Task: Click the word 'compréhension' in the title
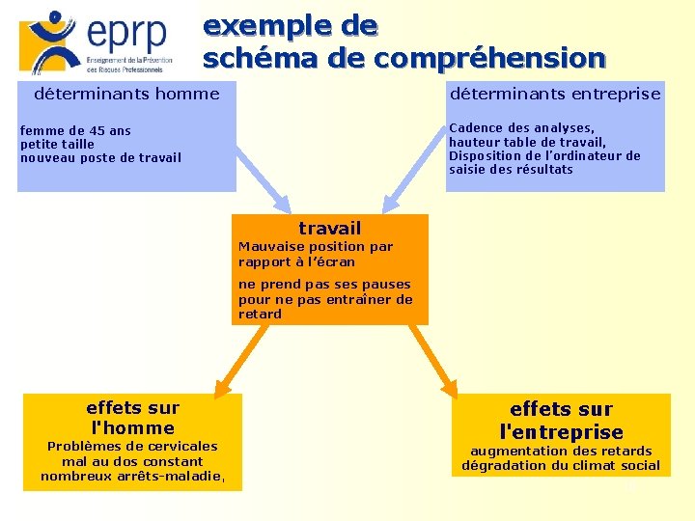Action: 489,59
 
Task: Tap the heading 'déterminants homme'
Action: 126,94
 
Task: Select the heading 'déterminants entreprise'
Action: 555,94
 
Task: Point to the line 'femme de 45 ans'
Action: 75,130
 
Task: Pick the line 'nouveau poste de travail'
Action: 100,157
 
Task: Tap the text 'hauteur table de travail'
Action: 526,142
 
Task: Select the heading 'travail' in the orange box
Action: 329,228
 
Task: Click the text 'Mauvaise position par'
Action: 316,246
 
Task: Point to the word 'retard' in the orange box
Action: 260,314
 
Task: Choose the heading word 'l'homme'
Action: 132,427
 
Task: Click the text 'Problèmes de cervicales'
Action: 132,446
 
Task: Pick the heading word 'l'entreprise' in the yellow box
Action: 561,431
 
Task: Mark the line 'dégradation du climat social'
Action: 561,465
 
